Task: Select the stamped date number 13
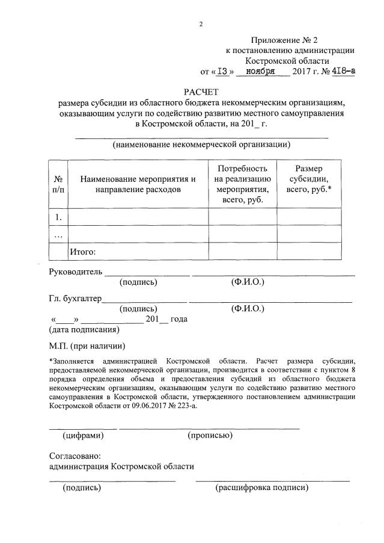click(223, 70)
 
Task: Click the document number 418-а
click(341, 70)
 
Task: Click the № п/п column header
click(58, 184)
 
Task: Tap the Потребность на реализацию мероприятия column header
click(242, 184)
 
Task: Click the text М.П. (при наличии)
click(87, 347)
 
